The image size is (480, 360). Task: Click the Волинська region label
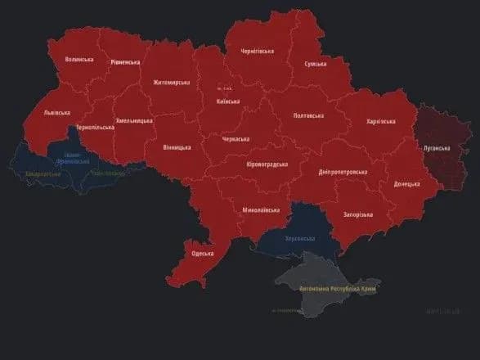pos(79,60)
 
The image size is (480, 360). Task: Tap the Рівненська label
pos(125,62)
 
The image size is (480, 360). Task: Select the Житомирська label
pos(171,82)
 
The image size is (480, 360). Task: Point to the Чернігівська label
pos(257,51)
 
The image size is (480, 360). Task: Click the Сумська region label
pos(316,64)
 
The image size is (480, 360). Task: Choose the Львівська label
pos(56,113)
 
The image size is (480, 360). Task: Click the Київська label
pos(227,101)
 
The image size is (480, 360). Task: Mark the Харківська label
pos(379,121)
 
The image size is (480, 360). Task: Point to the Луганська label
pos(436,148)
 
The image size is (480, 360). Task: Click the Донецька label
pos(406,184)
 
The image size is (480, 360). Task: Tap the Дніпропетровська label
pos(343,172)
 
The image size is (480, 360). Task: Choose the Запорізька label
pos(356,214)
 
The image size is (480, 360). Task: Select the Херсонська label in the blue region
pos(299,237)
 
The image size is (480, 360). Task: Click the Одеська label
pos(203,254)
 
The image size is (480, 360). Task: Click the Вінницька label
pos(177,147)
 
